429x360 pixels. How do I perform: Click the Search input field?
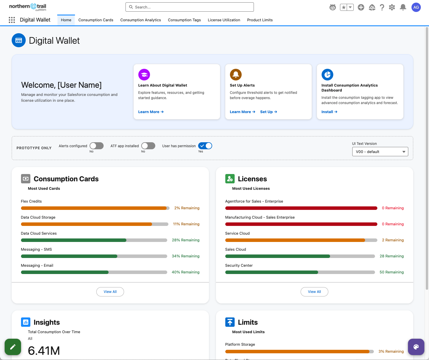coord(189,7)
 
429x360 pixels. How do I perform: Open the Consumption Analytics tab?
coord(141,20)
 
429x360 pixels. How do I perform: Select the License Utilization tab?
coord(224,20)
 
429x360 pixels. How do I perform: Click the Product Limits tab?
coord(260,20)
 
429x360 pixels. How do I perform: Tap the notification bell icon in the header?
coord(403,7)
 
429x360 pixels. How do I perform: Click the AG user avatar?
coord(416,7)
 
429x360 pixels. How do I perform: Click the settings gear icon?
coord(392,7)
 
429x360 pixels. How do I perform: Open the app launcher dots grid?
coord(12,20)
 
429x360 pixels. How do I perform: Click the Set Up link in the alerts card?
coord(268,112)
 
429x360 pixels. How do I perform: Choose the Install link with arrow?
coord(329,112)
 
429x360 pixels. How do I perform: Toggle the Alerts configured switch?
coord(97,146)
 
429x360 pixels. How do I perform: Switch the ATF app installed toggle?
coord(148,146)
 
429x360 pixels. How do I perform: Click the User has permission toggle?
coord(205,146)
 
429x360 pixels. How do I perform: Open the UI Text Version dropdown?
coord(380,152)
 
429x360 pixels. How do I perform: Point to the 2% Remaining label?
coord(187,208)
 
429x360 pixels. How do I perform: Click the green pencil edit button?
coord(13,347)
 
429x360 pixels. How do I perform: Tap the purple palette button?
coord(416,347)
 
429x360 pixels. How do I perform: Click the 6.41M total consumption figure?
coord(44,351)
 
